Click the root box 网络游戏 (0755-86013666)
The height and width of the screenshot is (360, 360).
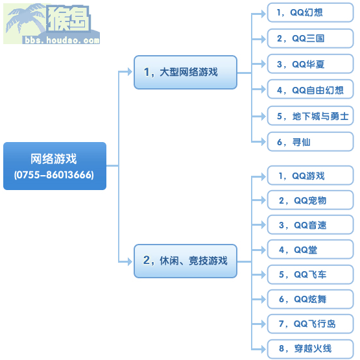(54, 166)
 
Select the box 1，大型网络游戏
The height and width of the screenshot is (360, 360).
(186, 72)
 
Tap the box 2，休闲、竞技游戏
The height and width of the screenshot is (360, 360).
(186, 261)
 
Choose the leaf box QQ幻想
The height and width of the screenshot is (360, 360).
(311, 12)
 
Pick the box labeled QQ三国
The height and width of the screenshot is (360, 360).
(311, 38)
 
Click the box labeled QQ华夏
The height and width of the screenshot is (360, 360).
(311, 64)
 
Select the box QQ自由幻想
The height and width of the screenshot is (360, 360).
(311, 90)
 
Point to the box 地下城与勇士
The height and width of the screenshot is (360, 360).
(311, 116)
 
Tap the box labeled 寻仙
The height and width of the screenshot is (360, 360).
(311, 142)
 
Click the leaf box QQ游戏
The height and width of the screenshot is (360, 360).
(311, 175)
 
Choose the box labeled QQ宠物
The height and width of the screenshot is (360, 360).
(311, 200)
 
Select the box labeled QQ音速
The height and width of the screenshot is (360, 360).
(311, 225)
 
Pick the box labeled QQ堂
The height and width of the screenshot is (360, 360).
(311, 250)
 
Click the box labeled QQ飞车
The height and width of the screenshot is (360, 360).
(311, 274)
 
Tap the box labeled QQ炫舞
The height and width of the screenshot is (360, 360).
(311, 300)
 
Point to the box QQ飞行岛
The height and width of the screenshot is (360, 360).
(311, 324)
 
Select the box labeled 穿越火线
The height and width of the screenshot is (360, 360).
(311, 349)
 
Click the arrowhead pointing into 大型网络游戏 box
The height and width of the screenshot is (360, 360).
(130, 71)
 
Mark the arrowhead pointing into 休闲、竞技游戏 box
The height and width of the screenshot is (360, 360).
(130, 261)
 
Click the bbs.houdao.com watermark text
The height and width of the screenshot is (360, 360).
(62, 40)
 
